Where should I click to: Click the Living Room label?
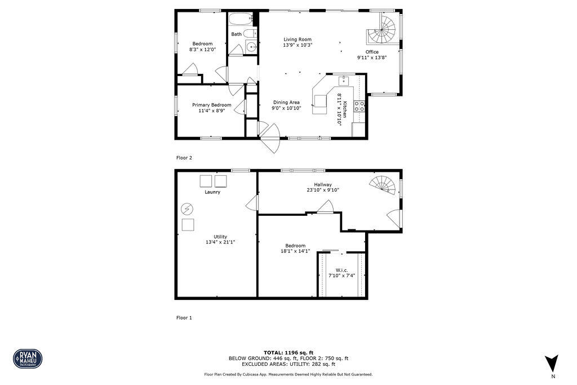click(x=298, y=39)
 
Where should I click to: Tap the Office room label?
click(x=372, y=52)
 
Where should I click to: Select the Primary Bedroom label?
click(x=211, y=105)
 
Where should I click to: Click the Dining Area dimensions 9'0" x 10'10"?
click(x=286, y=108)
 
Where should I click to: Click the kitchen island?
click(x=321, y=101)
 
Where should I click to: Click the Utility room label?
click(x=220, y=237)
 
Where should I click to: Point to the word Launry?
click(x=212, y=192)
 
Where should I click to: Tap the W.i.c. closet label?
click(x=341, y=270)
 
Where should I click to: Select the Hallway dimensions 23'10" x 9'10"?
click(x=323, y=190)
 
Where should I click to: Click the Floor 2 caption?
click(x=184, y=158)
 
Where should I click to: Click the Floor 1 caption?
click(x=184, y=318)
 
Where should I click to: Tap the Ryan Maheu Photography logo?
click(x=28, y=359)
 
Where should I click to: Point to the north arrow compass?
click(x=552, y=362)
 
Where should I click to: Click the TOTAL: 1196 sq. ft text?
click(x=288, y=352)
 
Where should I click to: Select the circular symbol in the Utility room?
click(x=187, y=209)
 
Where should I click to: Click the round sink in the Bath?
click(x=252, y=47)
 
